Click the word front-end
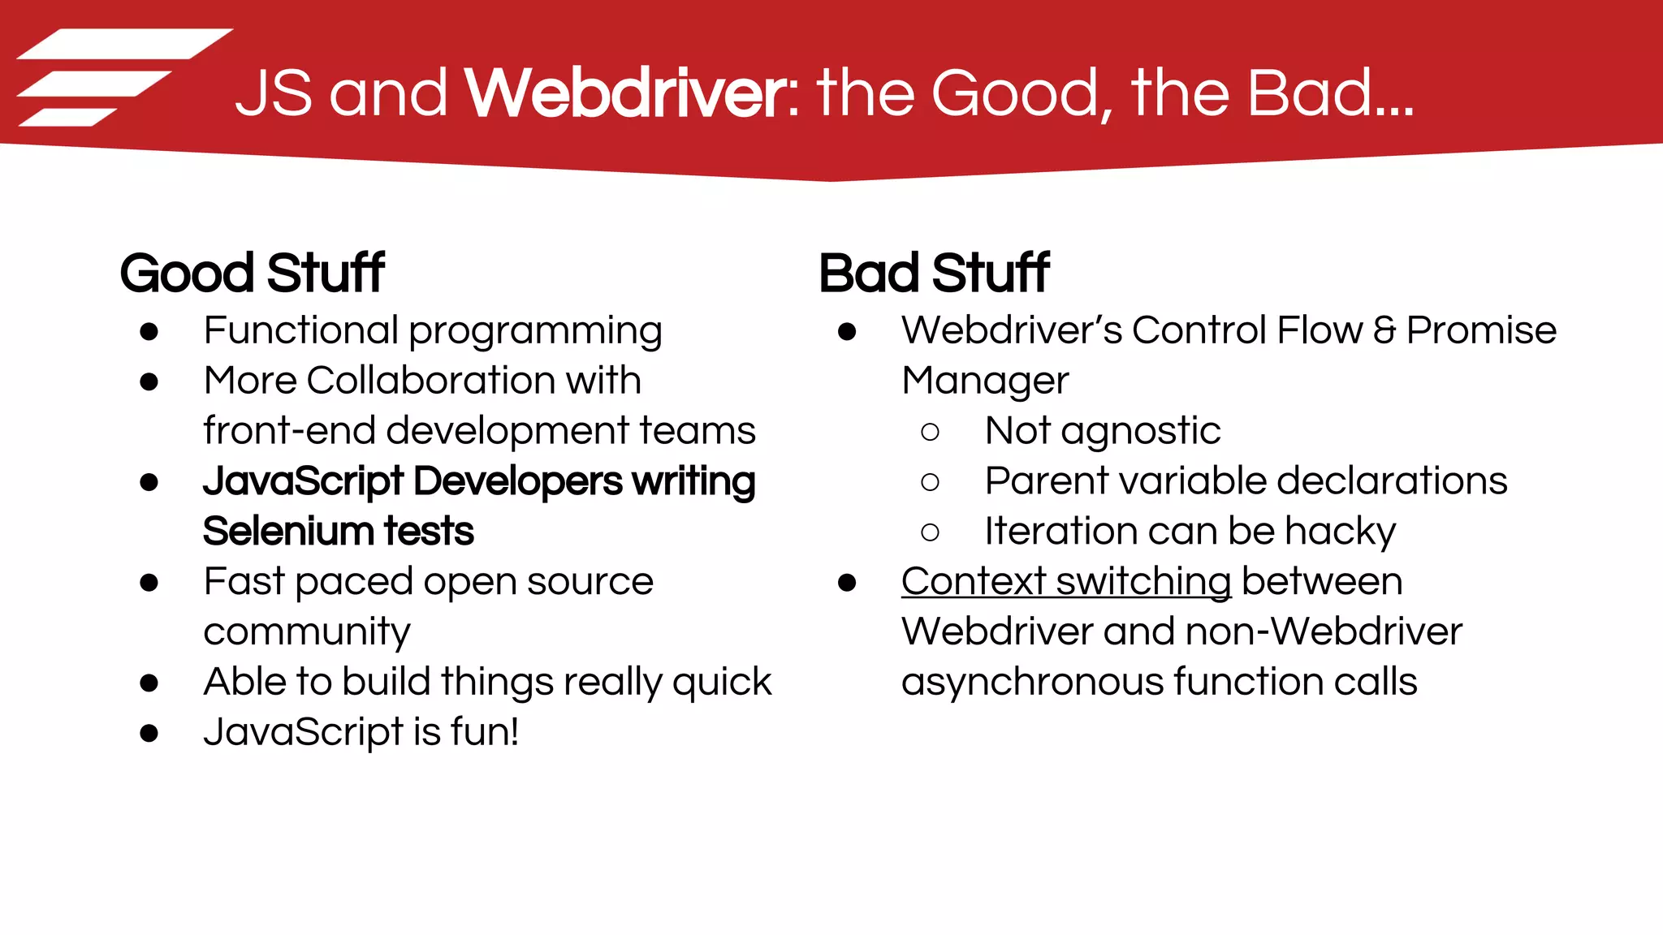(289, 431)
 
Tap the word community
(307, 632)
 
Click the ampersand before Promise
(1384, 330)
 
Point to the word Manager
(985, 381)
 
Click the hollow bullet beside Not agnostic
(931, 432)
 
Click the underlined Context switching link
(1066, 582)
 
